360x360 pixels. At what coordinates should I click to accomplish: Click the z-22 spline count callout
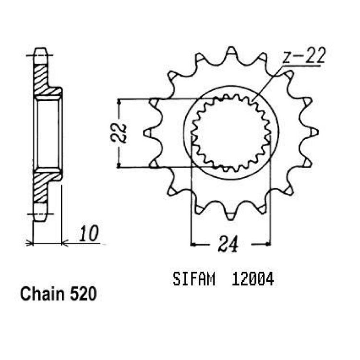[x=303, y=55]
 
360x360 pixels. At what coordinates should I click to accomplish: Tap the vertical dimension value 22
[x=119, y=133]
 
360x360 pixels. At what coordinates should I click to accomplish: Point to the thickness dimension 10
[x=89, y=234]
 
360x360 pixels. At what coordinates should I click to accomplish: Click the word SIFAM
[x=194, y=279]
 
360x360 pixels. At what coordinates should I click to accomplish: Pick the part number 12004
[x=253, y=279]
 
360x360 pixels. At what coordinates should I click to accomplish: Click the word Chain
[x=43, y=294]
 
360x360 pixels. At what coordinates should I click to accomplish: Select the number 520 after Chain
[x=83, y=294]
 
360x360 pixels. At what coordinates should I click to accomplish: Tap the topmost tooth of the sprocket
[x=231, y=52]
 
